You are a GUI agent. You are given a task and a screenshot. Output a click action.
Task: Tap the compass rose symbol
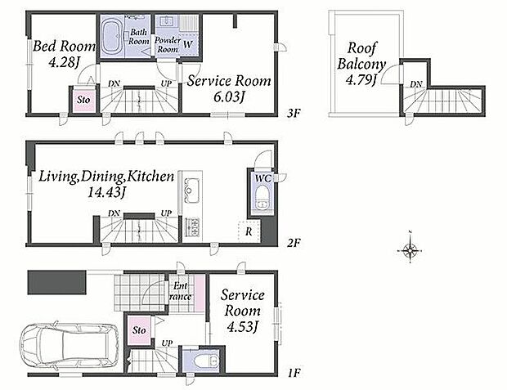(x=410, y=249)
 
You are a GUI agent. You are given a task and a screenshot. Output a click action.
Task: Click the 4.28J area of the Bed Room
(x=64, y=62)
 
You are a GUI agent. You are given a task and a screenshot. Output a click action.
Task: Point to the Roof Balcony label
(x=361, y=64)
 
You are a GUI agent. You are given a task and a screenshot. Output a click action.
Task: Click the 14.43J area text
(x=106, y=192)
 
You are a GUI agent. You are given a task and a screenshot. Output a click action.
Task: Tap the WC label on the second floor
(x=263, y=178)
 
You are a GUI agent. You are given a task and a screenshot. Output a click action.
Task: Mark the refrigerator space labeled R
(x=249, y=231)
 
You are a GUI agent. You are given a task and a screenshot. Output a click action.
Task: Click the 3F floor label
(x=294, y=113)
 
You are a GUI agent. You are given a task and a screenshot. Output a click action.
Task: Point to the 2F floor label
(x=294, y=243)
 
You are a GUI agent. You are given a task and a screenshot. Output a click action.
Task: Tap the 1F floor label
(x=294, y=373)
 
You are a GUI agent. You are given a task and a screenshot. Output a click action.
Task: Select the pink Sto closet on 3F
(x=84, y=100)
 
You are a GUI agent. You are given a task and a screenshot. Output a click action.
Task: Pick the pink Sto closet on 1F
(x=139, y=330)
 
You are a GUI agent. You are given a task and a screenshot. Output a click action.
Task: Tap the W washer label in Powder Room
(x=188, y=44)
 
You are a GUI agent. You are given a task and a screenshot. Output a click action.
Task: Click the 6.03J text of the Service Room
(x=229, y=96)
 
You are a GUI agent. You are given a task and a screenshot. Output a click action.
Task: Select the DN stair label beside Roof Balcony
(x=415, y=84)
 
